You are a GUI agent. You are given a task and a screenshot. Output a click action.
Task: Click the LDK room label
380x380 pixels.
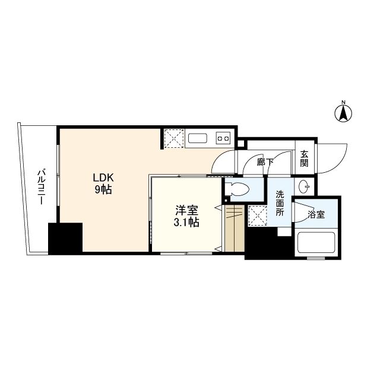point(103,178)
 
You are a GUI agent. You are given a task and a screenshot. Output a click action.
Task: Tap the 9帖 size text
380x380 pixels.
point(103,189)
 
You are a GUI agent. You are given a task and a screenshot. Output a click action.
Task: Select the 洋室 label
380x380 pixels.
point(187,210)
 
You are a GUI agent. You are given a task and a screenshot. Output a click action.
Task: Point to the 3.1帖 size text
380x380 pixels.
point(186,222)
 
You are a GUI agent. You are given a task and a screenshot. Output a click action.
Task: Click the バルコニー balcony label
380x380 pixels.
point(41,188)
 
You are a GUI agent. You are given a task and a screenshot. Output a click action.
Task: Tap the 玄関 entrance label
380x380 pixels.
point(304,159)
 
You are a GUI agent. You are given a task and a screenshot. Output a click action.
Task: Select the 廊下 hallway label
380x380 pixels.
point(265,162)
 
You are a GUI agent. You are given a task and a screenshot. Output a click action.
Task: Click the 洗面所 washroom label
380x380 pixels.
point(280,203)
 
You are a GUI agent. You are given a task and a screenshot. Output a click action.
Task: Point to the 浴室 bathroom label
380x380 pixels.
point(316,214)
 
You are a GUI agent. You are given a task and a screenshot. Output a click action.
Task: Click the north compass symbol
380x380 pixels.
point(343,113)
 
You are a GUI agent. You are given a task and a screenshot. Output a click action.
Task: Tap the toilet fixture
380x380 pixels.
point(237,189)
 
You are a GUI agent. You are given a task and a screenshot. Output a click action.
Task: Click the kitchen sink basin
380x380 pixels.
point(198,138)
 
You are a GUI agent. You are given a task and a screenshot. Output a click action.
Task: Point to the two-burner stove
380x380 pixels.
point(223,138)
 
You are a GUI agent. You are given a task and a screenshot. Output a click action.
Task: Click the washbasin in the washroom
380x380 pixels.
point(305,186)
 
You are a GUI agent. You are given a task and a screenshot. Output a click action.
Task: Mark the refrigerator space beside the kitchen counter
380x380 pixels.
point(174,138)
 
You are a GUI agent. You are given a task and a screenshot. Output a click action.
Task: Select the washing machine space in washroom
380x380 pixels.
point(257,215)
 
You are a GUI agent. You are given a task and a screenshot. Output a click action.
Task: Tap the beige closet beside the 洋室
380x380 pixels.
point(234,229)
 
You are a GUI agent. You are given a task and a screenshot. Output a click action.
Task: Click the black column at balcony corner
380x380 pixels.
point(65,239)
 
